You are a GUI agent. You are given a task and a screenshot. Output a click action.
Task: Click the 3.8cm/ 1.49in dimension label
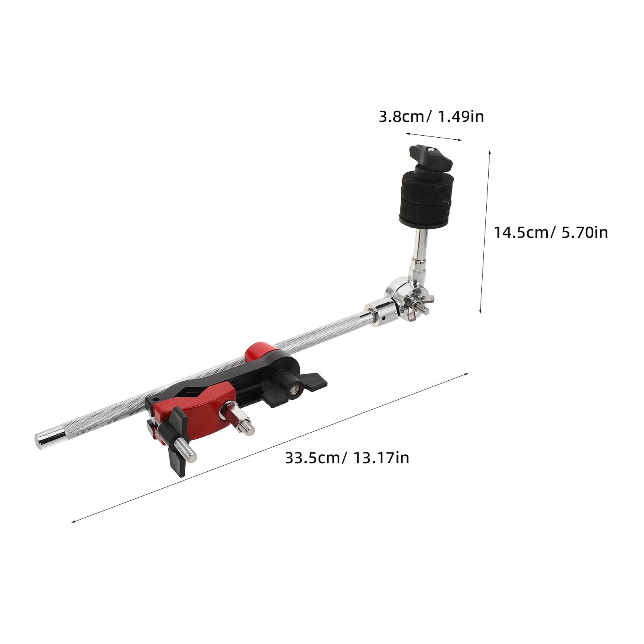pos(431,117)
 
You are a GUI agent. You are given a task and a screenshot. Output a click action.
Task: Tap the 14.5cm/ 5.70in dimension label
pos(551,232)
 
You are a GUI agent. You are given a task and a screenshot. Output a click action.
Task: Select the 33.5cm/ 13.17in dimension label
pos(347,458)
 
